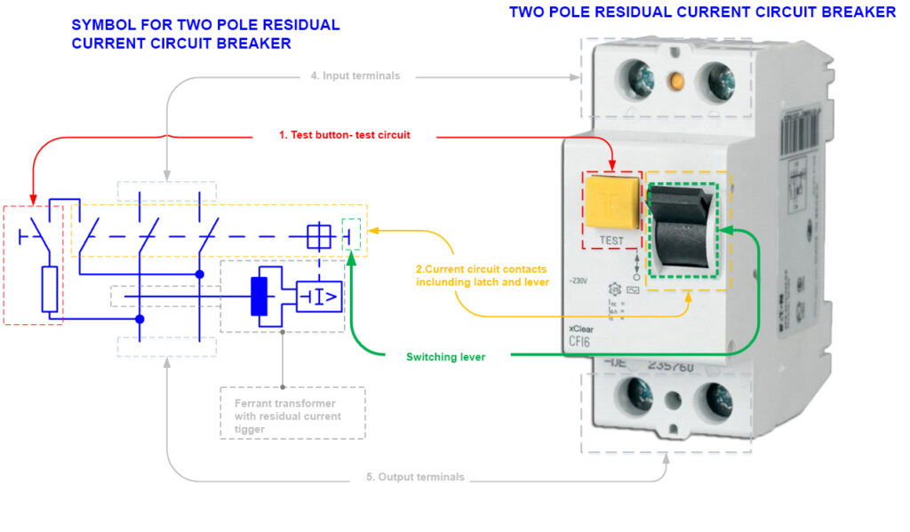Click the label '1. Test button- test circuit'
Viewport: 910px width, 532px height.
click(344, 135)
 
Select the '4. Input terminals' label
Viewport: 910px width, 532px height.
click(355, 76)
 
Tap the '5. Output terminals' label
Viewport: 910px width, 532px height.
click(415, 477)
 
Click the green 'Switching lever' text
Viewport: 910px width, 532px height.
click(445, 357)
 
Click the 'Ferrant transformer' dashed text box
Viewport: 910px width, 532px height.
click(291, 413)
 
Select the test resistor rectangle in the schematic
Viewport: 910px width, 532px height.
click(52, 288)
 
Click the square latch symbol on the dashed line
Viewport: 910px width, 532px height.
click(318, 236)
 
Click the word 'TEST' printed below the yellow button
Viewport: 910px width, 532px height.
click(611, 240)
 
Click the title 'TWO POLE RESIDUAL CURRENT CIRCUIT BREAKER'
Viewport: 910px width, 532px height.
click(702, 12)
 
